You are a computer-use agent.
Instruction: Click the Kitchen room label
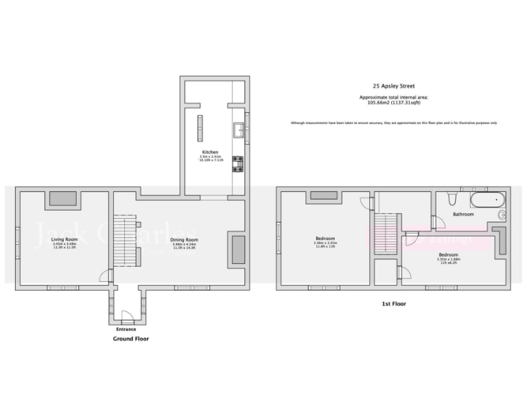click(210, 152)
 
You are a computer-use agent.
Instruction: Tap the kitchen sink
click(239, 129)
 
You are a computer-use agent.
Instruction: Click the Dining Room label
click(184, 239)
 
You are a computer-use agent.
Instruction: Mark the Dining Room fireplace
click(238, 250)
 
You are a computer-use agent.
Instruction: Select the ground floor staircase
click(126, 240)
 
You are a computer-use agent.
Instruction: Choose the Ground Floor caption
click(130, 339)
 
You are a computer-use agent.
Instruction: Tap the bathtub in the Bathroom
click(487, 200)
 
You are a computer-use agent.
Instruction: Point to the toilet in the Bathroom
click(451, 199)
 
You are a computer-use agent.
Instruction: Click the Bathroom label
click(463, 215)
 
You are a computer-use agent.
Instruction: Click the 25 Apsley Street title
click(393, 87)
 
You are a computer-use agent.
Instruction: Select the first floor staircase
click(385, 234)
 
